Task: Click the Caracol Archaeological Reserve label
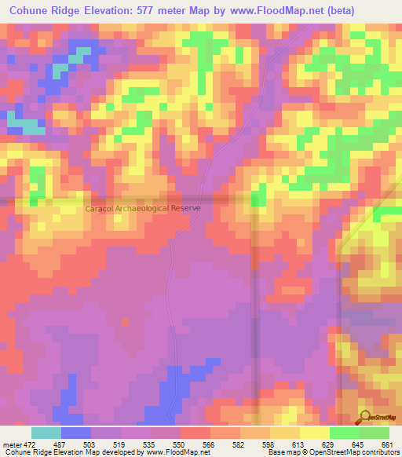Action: coord(143,208)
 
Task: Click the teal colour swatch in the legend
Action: coord(46,433)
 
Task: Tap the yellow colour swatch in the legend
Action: coord(315,433)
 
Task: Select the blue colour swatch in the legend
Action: coord(76,433)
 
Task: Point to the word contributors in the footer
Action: coord(378,453)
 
